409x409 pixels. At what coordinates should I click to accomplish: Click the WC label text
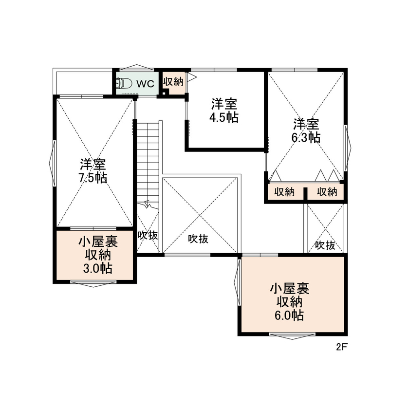[x=145, y=83]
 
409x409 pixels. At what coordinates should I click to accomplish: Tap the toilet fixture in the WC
[x=123, y=83]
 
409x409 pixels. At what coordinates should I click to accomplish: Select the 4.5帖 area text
[x=224, y=117]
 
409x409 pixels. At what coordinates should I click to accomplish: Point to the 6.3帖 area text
[x=306, y=137]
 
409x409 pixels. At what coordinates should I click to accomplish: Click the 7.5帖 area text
[x=93, y=178]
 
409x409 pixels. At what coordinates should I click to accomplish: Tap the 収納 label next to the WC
[x=173, y=82]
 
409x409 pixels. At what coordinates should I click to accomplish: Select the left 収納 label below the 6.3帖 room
[x=284, y=192]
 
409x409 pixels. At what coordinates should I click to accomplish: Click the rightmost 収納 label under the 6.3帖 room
[x=327, y=192]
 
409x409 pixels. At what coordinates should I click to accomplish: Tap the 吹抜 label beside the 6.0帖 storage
[x=325, y=245]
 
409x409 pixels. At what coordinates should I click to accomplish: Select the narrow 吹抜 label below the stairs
[x=148, y=236]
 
